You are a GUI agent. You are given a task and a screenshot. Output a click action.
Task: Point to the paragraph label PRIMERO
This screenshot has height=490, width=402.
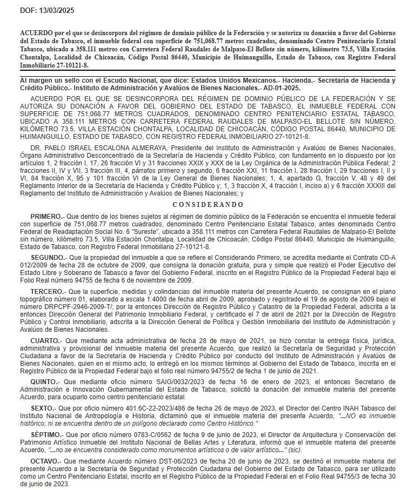(x=48, y=215)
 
